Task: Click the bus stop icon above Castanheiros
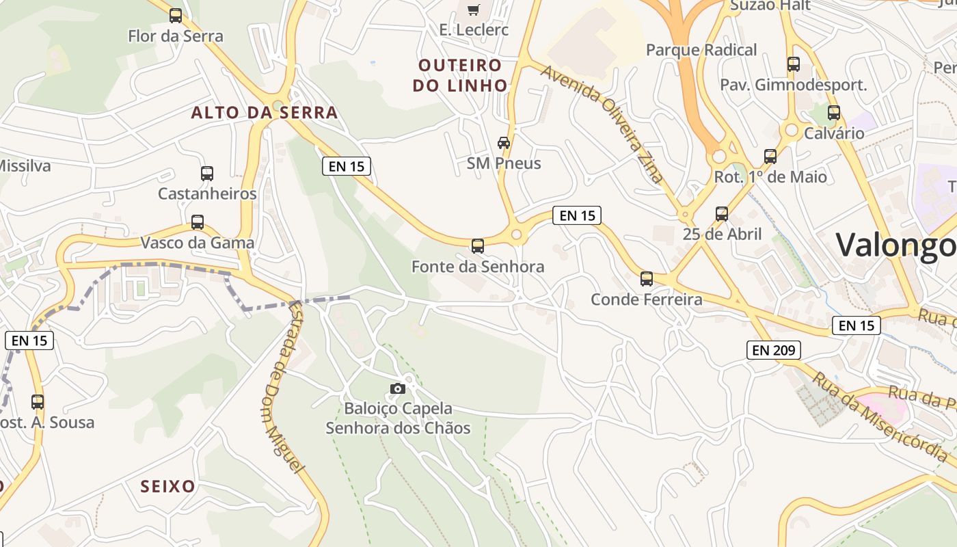pos(207,174)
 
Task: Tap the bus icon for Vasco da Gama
pos(198,222)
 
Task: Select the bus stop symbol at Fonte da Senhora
pos(478,246)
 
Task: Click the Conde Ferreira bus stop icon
pos(647,279)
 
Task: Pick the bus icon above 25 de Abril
pos(722,214)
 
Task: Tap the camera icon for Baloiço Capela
pos(397,388)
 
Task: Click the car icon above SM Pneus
pos(504,143)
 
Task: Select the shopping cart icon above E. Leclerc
pos(473,10)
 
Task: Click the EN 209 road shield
pos(773,350)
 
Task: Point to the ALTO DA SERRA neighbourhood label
pos(265,113)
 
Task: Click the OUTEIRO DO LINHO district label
pos(463,75)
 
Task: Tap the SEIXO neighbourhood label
pos(168,487)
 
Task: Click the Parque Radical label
pos(701,50)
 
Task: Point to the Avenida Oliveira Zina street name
pos(602,124)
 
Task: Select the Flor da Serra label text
pos(176,36)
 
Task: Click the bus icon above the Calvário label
pos(834,113)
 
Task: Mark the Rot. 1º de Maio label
pos(770,177)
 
